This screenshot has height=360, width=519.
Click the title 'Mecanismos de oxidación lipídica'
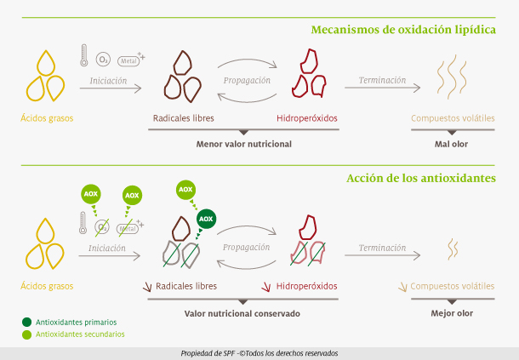point(403,30)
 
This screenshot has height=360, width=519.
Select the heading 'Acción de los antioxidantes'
point(421,178)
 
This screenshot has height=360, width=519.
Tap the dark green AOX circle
point(206,219)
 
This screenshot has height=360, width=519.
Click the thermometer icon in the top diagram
point(84,55)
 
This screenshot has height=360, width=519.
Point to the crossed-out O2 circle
point(102,227)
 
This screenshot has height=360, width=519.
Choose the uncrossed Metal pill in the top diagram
point(128,61)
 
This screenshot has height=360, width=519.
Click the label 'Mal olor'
point(451,144)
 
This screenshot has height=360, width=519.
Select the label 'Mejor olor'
point(452,313)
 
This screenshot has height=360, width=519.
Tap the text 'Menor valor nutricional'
point(244,144)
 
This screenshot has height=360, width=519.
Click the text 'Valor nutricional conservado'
point(242,314)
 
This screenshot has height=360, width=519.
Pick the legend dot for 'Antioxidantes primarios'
point(27,322)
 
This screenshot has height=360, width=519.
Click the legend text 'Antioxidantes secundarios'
point(80,334)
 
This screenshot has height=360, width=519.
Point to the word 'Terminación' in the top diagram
point(382,80)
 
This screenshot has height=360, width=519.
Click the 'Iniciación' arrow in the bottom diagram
point(110,255)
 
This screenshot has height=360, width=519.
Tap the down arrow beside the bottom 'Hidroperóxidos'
point(266,287)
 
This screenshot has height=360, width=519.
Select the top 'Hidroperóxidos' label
point(307,118)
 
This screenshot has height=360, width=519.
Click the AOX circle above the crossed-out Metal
point(132,196)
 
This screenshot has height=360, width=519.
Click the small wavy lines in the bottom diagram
point(453,249)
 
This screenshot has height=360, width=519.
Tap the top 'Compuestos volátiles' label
point(453,118)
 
